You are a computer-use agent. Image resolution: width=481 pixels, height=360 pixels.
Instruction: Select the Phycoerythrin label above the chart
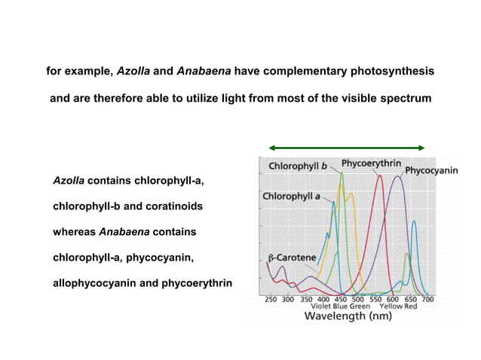[371, 162]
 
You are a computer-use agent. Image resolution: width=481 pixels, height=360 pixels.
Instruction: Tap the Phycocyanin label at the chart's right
[431, 171]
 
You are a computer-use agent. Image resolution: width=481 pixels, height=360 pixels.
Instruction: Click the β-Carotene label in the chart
[292, 258]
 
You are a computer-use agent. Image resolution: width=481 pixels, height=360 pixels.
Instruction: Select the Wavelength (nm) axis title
[348, 316]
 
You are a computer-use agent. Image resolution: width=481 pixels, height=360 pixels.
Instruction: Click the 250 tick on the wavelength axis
[271, 298]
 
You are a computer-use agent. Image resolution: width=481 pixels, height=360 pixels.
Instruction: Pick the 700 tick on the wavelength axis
[427, 298]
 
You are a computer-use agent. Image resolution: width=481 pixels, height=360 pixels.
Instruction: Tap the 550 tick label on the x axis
[375, 298]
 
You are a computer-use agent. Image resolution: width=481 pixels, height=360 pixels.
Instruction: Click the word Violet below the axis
[323, 307]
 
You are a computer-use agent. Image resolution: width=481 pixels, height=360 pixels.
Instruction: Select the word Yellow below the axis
[391, 307]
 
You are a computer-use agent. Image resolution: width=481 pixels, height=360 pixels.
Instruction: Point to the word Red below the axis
[411, 307]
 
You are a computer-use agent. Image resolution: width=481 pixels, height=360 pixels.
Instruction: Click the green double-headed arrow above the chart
[347, 148]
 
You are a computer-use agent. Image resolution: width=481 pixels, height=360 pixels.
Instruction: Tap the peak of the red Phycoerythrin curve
[380, 176]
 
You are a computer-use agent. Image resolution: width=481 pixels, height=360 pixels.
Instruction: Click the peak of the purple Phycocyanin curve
[399, 176]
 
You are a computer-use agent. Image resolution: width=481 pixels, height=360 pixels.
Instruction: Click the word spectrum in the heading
[406, 98]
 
